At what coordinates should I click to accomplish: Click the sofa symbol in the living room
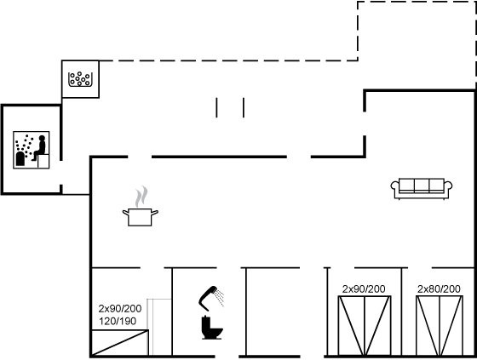[x=422, y=189]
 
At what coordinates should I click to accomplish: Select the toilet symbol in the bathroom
[x=212, y=328]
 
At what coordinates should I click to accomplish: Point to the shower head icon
[x=208, y=298]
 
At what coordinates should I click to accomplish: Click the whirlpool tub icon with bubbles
[x=80, y=79]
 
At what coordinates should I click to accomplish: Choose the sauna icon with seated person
[x=32, y=150]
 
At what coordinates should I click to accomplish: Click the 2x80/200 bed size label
[x=439, y=289]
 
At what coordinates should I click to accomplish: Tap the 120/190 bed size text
[x=118, y=321]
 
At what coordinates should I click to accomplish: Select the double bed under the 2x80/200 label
[x=440, y=325]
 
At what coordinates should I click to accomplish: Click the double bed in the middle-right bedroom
[x=365, y=325]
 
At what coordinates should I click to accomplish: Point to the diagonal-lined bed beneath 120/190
[x=120, y=343]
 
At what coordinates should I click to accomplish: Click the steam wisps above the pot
[x=141, y=197]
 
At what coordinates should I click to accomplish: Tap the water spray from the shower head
[x=220, y=297]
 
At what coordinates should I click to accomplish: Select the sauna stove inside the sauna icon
[x=20, y=158]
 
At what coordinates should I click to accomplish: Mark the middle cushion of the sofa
[x=422, y=186]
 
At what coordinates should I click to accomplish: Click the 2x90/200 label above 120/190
[x=120, y=309]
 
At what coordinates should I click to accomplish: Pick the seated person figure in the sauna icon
[x=39, y=148]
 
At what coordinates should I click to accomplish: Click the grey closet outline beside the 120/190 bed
[x=159, y=327]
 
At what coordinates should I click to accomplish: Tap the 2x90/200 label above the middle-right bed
[x=364, y=289]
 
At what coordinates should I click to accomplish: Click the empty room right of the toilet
[x=273, y=311]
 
